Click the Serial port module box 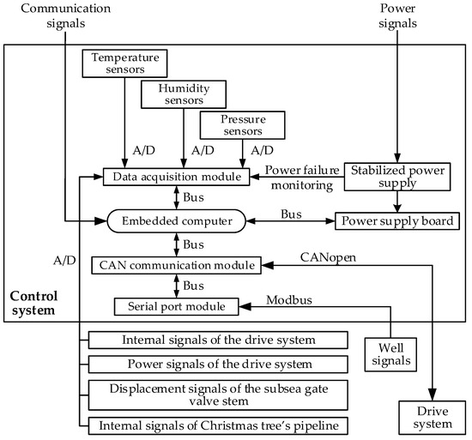click(175, 305)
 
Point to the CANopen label click(327, 256)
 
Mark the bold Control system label click(32, 299)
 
